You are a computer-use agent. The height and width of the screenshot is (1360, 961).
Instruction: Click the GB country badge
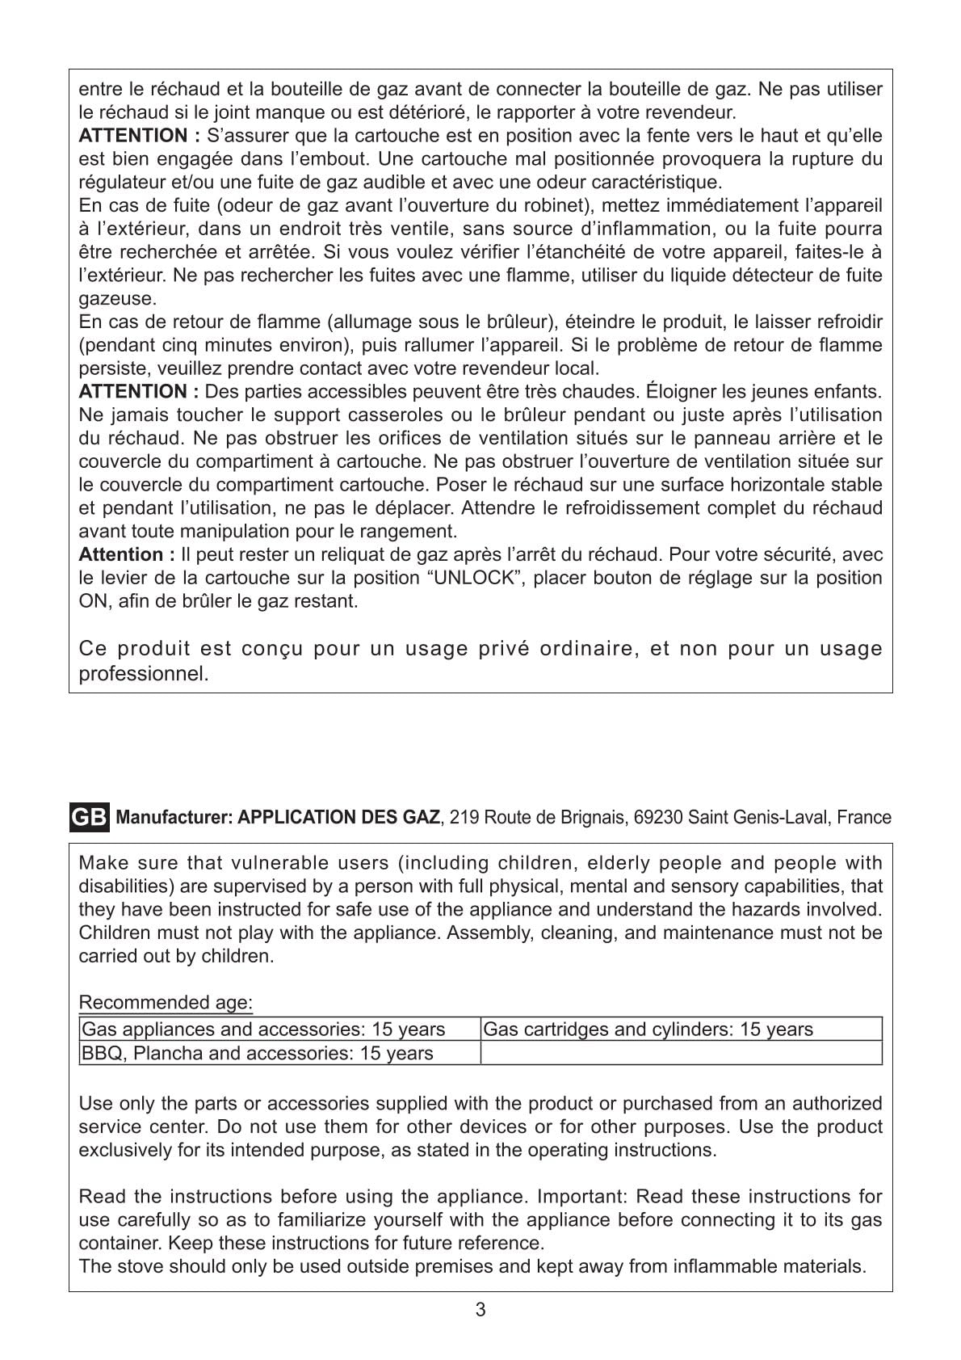[89, 817]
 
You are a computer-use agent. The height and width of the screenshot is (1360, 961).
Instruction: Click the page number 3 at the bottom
[480, 1310]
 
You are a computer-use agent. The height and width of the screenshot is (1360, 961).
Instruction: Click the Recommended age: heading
[166, 1003]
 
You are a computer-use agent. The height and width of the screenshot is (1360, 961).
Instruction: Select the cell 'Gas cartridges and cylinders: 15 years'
[648, 1029]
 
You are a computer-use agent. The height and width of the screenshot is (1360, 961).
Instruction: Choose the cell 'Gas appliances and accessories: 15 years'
[264, 1029]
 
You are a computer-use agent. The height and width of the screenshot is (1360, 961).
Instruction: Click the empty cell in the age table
[680, 1053]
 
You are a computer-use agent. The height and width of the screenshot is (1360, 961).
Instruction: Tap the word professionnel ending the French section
[143, 673]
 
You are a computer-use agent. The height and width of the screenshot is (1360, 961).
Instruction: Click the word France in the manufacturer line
[864, 817]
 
